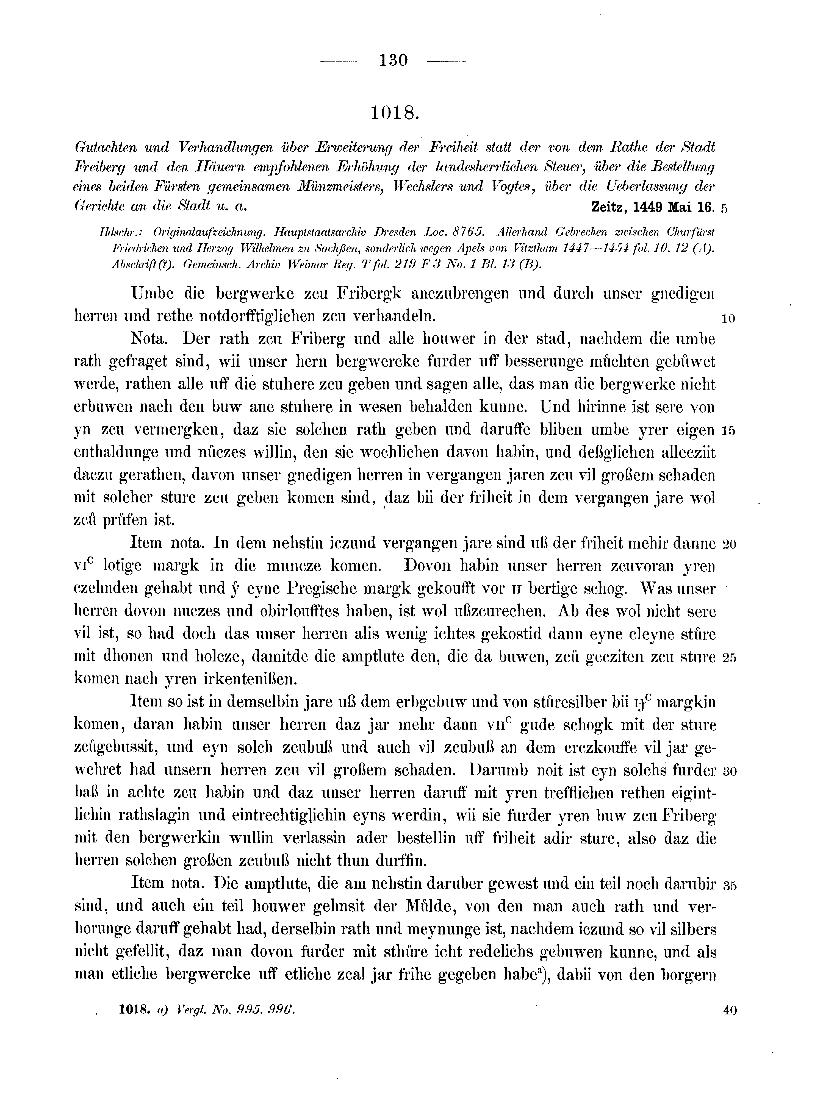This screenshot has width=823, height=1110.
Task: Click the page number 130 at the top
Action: pos(394,60)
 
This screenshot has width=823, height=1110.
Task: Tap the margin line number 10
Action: pos(728,319)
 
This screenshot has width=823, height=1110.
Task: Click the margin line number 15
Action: pos(728,431)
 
